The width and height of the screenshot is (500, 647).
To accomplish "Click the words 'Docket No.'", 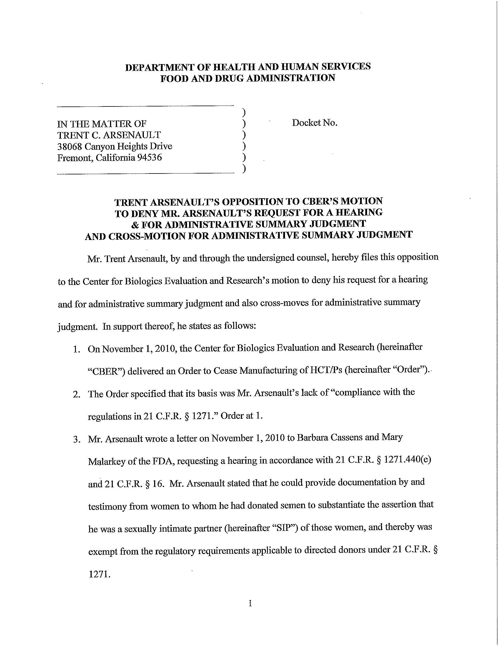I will pos(315,123).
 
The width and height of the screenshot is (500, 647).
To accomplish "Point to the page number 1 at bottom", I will pos(250,603).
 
